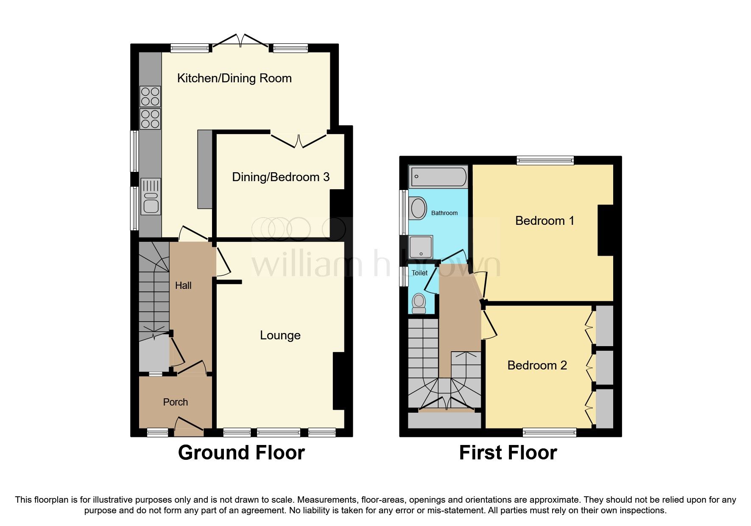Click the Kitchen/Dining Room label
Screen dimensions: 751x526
pyautogui.click(x=234, y=78)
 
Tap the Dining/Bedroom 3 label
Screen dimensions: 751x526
pyautogui.click(x=281, y=177)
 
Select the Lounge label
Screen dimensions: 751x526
pyautogui.click(x=280, y=336)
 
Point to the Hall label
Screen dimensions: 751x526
pyautogui.click(x=183, y=285)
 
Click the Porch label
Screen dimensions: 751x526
pyautogui.click(x=175, y=402)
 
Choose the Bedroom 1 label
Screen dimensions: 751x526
pyautogui.click(x=544, y=221)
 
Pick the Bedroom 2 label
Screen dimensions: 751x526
pyautogui.click(x=537, y=365)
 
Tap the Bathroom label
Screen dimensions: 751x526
pyautogui.click(x=444, y=213)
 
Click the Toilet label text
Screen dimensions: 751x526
pyautogui.click(x=420, y=273)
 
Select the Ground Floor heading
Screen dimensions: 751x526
pyautogui.click(x=241, y=453)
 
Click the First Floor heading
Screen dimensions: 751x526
pyautogui.click(x=508, y=453)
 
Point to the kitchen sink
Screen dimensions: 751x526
pyautogui.click(x=151, y=197)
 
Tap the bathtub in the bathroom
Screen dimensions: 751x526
pyautogui.click(x=438, y=176)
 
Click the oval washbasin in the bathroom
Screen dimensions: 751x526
pyautogui.click(x=419, y=208)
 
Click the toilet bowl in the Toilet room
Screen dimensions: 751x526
pyautogui.click(x=419, y=303)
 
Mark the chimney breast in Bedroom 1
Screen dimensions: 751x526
pyautogui.click(x=606, y=230)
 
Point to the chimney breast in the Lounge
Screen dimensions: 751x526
pyautogui.click(x=338, y=381)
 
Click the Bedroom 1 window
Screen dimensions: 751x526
pyautogui.click(x=545, y=160)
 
